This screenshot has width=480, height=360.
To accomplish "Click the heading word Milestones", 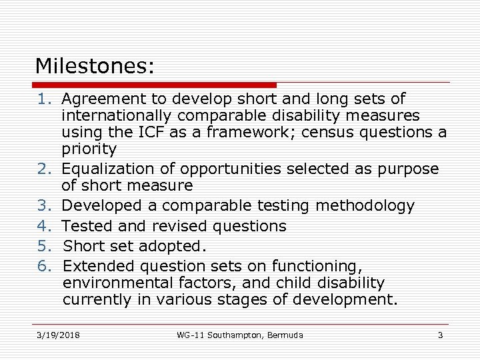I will coord(94,66).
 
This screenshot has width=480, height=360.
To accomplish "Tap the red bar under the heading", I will coord(155,85).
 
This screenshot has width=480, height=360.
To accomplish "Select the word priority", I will coord(89,149).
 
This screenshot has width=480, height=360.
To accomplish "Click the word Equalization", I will coord(108,169).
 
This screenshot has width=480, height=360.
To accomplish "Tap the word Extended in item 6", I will coord(97,266).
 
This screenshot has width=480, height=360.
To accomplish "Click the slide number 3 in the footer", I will coord(440,335).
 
